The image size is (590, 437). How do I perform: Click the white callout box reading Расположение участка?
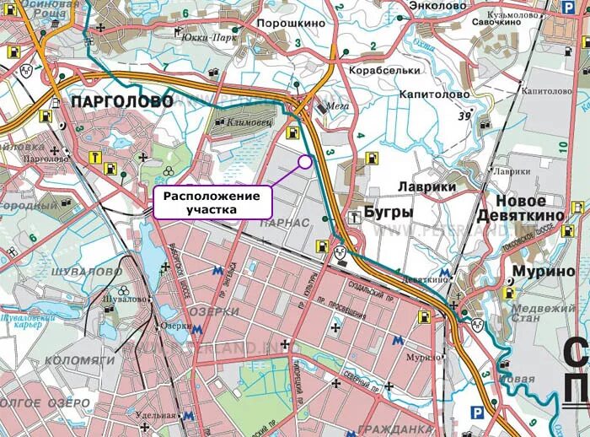coord(212,202)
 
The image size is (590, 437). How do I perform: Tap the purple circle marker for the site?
coord(304,159)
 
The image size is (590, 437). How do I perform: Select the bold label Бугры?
coord(388,213)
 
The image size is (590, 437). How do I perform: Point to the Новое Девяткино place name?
coord(520,209)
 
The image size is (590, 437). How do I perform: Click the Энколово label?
coord(437,6)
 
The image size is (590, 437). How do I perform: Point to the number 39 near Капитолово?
coord(464,116)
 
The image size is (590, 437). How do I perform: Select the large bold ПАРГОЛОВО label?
coord(122,101)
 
